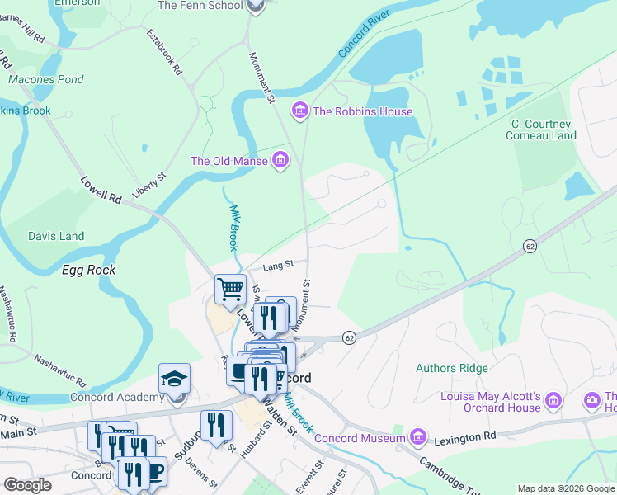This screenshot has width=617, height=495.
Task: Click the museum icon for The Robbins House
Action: click(x=299, y=111)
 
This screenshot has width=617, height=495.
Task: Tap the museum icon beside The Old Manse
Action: click(x=280, y=160)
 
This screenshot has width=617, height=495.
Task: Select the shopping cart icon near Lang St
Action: click(x=230, y=290)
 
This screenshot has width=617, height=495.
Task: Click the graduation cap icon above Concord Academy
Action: click(x=174, y=379)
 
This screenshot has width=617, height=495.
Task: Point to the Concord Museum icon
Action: click(x=418, y=436)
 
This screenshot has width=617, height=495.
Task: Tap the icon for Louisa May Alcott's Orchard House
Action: click(x=553, y=401)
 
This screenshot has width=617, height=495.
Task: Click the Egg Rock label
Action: click(x=88, y=270)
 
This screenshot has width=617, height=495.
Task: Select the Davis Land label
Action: click(x=56, y=236)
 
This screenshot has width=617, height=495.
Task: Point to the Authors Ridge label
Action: click(x=452, y=368)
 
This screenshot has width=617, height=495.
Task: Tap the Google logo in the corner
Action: click(x=27, y=485)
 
